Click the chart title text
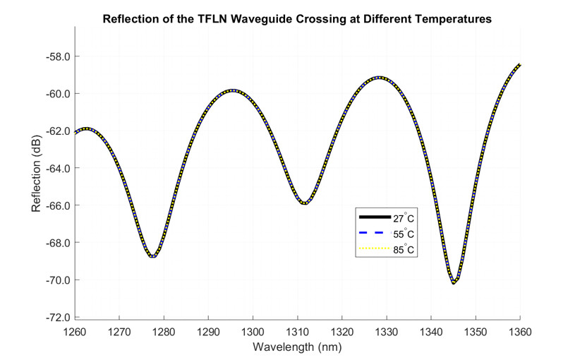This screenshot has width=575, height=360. point(297,19)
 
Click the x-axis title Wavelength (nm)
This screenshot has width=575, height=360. point(297,347)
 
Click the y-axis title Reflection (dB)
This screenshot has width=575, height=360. point(37,174)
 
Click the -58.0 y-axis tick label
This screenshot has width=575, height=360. point(56,56)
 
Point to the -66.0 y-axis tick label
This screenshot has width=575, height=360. point(56,205)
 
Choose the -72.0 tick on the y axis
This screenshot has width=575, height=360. point(56,318)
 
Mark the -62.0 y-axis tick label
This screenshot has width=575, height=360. point(56,131)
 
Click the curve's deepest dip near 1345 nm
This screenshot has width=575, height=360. point(454,283)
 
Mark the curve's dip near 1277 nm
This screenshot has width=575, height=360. point(152,256)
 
